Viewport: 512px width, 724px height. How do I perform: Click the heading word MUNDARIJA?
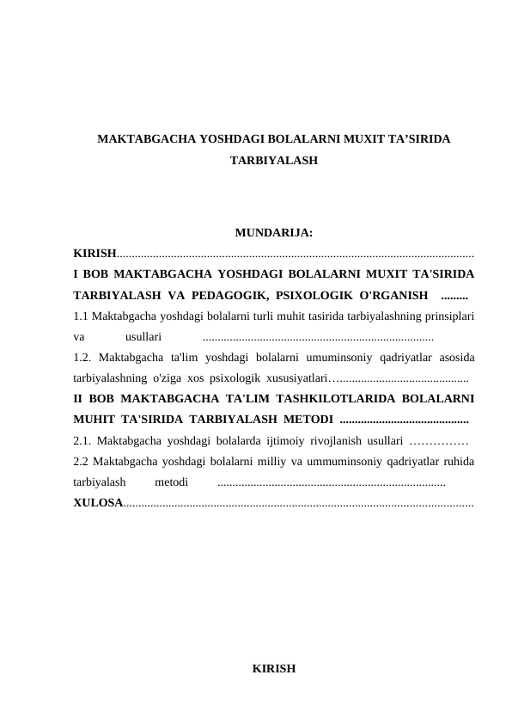tap(273, 232)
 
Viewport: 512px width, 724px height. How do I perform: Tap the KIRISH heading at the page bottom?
tap(273, 668)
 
